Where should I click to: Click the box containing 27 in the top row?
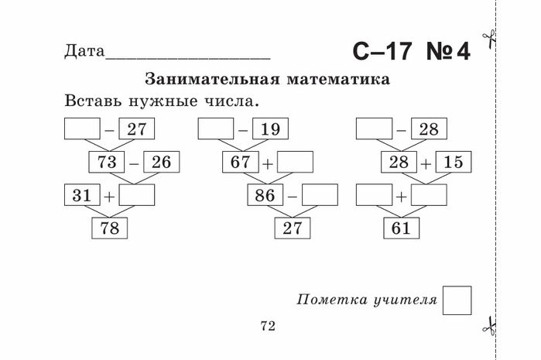137,129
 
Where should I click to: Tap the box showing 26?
160,163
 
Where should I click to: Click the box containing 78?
109,229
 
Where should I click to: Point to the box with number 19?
270,129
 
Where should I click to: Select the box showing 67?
240,163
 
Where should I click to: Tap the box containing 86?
265,196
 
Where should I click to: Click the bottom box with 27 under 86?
291,229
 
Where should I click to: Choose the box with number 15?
454,163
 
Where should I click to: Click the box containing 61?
402,229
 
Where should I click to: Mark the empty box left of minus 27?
83,129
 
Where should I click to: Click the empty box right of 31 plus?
137,196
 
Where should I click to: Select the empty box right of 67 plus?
295,163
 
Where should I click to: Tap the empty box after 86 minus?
320,196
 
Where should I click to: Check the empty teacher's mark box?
457,300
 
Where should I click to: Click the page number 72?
268,326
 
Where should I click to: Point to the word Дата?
84,52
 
